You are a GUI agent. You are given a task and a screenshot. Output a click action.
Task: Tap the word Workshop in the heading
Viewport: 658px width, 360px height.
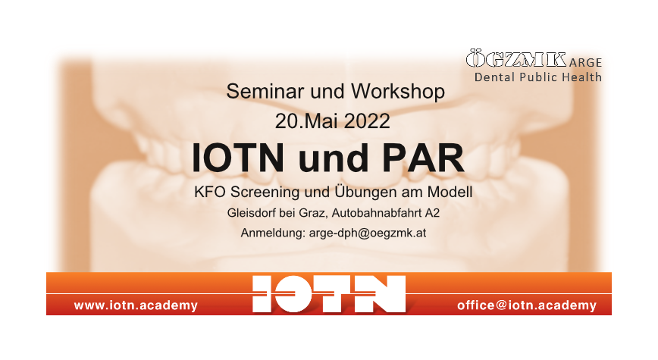coord(398,92)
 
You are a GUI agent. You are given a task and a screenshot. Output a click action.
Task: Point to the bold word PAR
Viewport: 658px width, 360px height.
coord(423,158)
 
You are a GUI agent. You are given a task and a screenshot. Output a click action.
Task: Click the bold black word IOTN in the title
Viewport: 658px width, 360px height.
coord(238,158)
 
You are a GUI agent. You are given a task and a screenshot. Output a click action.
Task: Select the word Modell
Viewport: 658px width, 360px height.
coord(450,193)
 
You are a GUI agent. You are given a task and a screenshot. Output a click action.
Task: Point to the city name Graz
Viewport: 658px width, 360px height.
coord(312,214)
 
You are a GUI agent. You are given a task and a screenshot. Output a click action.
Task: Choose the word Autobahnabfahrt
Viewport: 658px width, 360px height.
coord(377,213)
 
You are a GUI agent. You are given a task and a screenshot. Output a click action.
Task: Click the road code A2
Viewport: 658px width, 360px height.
coord(432,213)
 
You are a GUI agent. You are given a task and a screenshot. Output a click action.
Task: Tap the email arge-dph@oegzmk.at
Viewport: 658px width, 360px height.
coord(368,233)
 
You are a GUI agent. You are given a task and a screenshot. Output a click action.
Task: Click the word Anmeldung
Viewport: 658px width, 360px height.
coord(273,233)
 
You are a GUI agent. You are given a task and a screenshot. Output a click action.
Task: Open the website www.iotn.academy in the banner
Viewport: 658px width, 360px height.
coord(136,305)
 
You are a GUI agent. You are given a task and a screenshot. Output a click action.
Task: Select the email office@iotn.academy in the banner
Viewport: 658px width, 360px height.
coord(527,305)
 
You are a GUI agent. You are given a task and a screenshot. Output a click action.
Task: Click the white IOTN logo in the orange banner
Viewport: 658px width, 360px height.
coord(329,294)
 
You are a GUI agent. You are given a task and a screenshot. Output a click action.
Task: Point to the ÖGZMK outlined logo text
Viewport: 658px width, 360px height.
coord(516,59)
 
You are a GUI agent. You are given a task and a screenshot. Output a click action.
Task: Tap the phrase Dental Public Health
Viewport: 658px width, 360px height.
coord(538,77)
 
